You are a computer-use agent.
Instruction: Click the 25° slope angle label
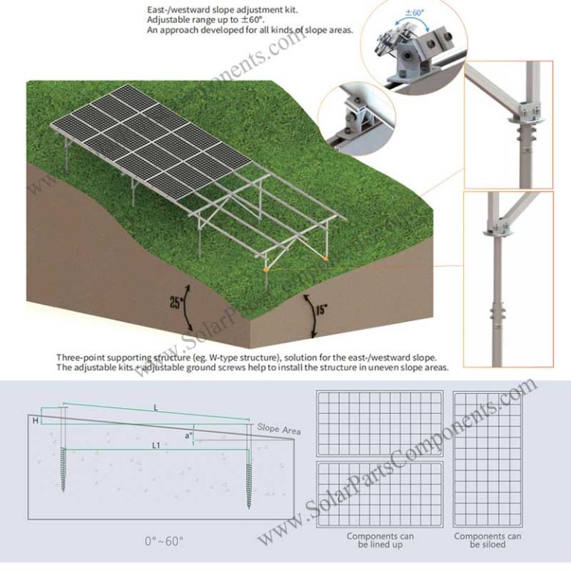click(176, 302)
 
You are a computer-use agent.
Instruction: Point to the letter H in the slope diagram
click(35, 420)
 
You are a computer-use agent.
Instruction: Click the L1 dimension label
click(157, 445)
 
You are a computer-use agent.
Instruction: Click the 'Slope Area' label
click(278, 429)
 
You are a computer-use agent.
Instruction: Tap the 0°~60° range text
click(164, 541)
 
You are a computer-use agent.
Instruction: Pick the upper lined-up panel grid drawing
click(380, 423)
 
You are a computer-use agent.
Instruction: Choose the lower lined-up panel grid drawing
click(380, 494)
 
